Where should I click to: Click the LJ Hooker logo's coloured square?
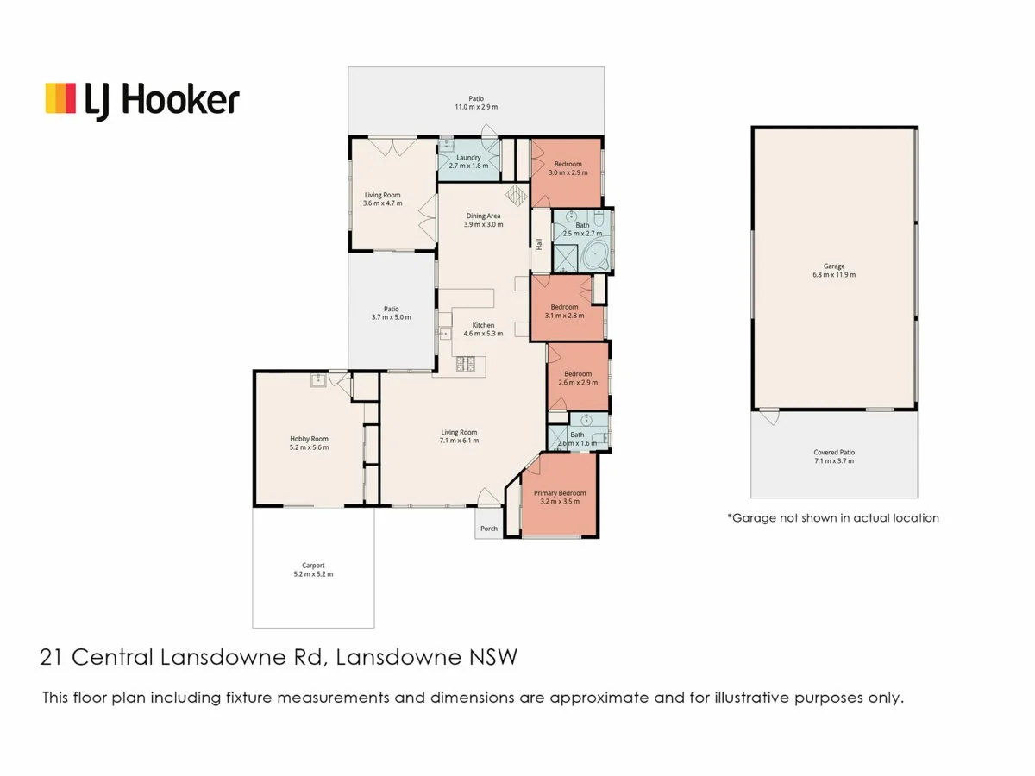coord(61,98)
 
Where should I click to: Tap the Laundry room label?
coord(468,157)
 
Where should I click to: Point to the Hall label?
coord(540,245)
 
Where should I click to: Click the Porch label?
coord(489,529)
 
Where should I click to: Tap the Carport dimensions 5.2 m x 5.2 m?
coord(312,574)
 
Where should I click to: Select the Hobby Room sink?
coord(317,379)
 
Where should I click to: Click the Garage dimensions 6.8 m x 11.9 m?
coord(833,274)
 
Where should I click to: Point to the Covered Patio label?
coord(833,452)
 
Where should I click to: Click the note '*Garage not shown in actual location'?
coord(832,518)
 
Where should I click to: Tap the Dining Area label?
coord(483,216)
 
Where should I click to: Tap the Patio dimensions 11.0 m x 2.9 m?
coord(476,107)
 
